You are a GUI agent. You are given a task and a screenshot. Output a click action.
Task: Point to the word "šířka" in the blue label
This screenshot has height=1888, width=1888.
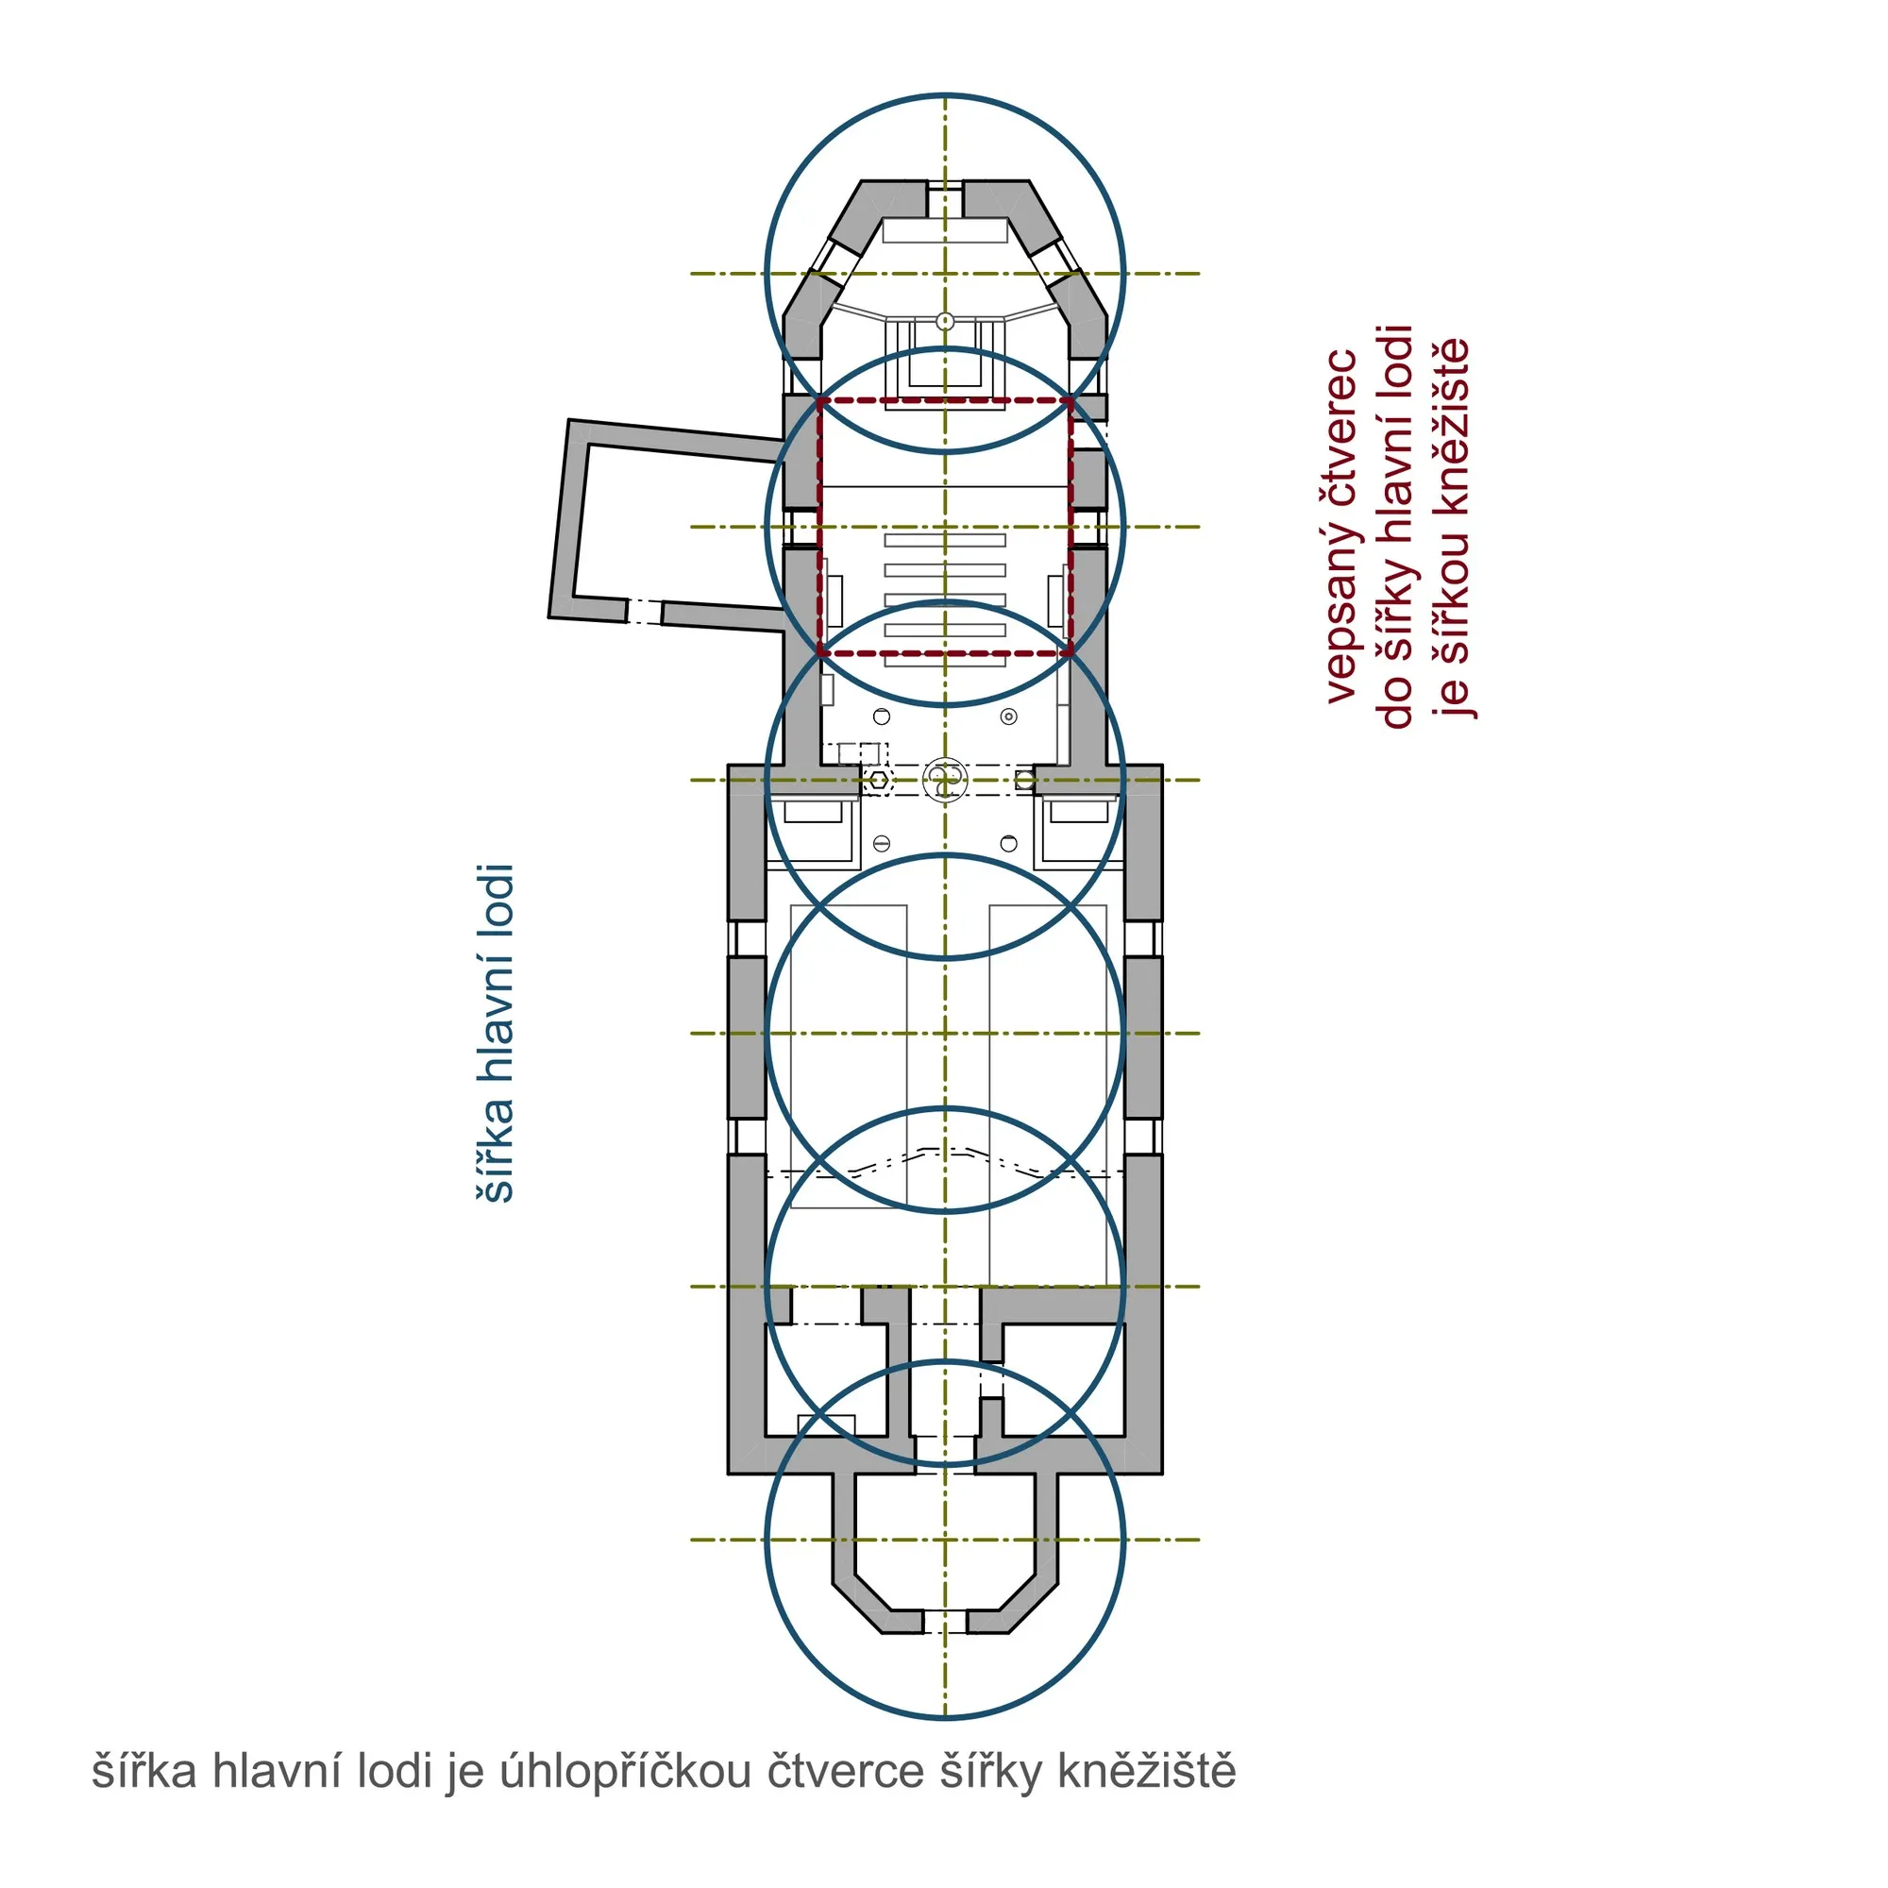[x=495, y=1155]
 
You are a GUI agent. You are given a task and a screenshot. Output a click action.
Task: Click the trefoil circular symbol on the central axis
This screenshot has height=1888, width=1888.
[x=945, y=780]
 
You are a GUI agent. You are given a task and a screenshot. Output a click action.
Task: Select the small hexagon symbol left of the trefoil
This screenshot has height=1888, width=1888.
[x=881, y=780]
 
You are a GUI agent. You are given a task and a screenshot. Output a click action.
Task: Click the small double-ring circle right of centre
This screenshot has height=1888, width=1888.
[x=1009, y=717]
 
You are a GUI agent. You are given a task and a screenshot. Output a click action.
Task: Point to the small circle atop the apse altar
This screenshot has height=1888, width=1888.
[x=945, y=320]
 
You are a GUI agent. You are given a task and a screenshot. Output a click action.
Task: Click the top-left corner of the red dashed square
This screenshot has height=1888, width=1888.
[x=818, y=399]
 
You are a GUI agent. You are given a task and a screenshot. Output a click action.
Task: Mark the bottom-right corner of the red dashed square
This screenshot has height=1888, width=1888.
[x=1072, y=653]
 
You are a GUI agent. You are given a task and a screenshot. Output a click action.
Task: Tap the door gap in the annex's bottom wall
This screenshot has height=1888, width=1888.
[x=644, y=612]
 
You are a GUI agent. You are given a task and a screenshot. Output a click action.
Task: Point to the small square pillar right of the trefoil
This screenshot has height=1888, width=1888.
[x=1025, y=780]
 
